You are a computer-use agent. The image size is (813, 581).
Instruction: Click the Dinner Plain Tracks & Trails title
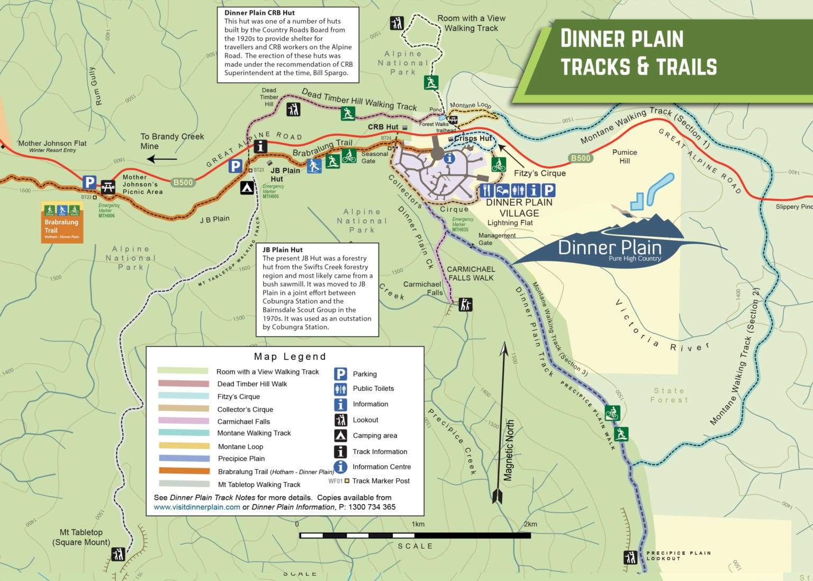(x=638, y=52)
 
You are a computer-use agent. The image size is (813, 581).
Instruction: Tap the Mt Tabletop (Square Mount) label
(x=81, y=537)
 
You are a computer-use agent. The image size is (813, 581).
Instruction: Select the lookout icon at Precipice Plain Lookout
(x=630, y=558)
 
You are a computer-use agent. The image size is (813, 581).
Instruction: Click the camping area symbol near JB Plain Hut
(x=247, y=187)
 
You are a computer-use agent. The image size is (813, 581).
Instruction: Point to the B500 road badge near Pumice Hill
(x=581, y=158)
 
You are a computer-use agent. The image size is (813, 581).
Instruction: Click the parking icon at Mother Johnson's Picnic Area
(x=89, y=183)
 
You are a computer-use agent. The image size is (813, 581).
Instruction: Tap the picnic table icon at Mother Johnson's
(x=108, y=186)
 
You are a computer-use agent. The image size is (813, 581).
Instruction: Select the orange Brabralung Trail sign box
(x=62, y=222)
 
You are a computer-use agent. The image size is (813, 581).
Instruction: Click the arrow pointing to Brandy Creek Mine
(x=161, y=159)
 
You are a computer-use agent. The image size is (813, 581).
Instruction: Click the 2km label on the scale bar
(x=530, y=524)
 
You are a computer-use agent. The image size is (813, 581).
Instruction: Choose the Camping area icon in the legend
(x=340, y=435)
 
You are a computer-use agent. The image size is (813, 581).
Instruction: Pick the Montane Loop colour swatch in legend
(x=184, y=446)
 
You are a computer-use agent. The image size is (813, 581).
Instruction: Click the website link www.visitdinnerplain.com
(x=197, y=507)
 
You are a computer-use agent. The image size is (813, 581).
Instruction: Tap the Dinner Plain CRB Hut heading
(x=259, y=13)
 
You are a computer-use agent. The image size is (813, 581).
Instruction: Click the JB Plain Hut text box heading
(x=283, y=249)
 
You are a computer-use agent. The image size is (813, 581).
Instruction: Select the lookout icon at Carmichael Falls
(x=465, y=305)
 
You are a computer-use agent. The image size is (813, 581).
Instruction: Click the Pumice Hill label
(x=625, y=156)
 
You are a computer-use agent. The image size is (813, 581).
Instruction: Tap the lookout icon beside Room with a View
(x=396, y=23)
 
